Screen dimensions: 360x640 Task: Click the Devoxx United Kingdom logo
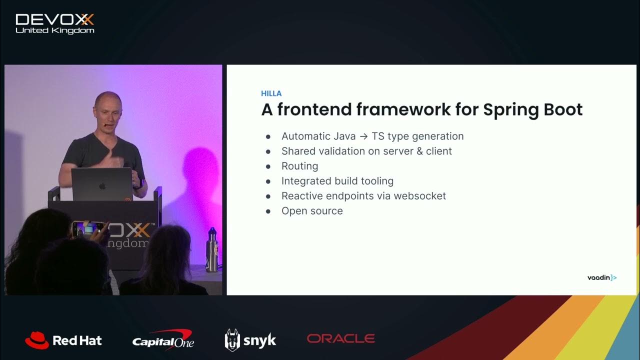(x=54, y=23)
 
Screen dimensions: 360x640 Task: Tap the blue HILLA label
(x=271, y=93)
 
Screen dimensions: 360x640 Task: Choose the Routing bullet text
(x=299, y=166)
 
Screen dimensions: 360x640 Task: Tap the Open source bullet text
(x=312, y=211)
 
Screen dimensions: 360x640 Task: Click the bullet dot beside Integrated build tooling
(x=268, y=181)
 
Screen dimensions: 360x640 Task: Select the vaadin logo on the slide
(x=601, y=277)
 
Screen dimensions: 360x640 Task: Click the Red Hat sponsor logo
(x=63, y=340)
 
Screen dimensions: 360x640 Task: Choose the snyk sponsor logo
(x=250, y=340)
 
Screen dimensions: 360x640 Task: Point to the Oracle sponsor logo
(x=340, y=338)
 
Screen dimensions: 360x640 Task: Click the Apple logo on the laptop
(x=102, y=186)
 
